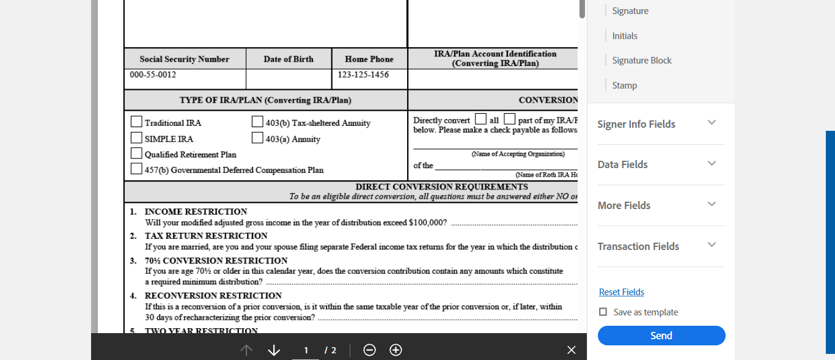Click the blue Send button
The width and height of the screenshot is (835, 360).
[x=661, y=336]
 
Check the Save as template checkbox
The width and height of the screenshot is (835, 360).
[x=603, y=312]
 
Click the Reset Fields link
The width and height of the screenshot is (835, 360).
[x=621, y=292]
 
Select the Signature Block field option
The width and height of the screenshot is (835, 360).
[x=642, y=61]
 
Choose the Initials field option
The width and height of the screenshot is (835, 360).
[x=625, y=36]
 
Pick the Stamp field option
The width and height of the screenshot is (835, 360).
[x=624, y=86]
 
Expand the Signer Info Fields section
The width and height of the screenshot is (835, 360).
[x=712, y=123]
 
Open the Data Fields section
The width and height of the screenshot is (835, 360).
[x=712, y=164]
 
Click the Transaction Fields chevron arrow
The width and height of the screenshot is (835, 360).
[x=712, y=245]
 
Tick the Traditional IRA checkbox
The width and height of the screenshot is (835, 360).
[x=136, y=122]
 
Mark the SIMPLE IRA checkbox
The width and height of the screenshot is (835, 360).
[x=136, y=138]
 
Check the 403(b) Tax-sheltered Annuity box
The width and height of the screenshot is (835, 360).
[x=257, y=122]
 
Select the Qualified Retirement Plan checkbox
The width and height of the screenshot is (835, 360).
[x=136, y=153]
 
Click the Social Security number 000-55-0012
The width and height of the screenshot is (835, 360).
[x=153, y=75]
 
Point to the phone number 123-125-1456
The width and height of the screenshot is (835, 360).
[x=363, y=75]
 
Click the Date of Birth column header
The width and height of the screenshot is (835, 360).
[x=289, y=59]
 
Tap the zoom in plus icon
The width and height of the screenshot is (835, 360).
[x=395, y=350]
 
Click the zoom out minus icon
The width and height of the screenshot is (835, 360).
[x=369, y=350]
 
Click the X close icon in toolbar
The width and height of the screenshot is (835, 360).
[x=571, y=350]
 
